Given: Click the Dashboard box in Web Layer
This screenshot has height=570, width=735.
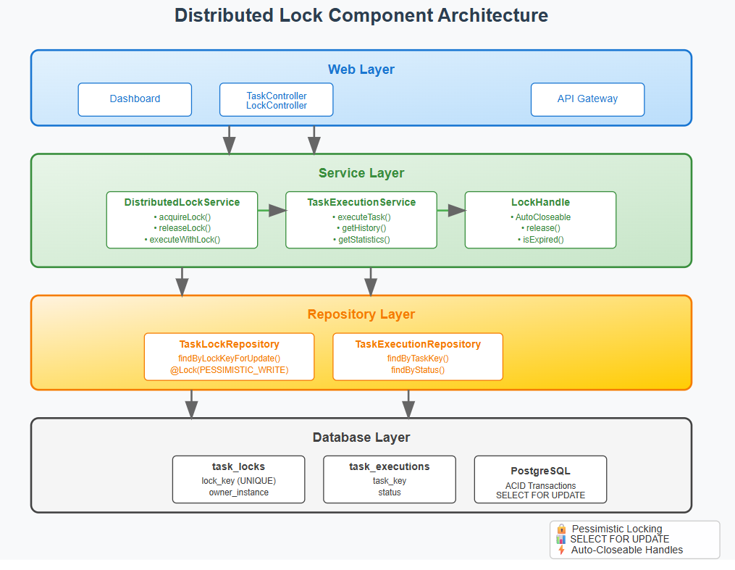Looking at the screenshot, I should tap(135, 99).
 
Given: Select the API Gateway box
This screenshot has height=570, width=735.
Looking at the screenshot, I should tap(587, 99).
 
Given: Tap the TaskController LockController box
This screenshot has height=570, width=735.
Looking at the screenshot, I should tap(276, 100).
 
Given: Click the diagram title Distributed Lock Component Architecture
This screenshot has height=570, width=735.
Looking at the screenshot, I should tap(361, 15).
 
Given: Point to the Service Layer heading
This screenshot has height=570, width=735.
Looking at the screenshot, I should tap(361, 173).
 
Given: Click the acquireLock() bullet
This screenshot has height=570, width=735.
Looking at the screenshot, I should tap(182, 217).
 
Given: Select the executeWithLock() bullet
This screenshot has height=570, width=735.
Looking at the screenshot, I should tap(182, 240).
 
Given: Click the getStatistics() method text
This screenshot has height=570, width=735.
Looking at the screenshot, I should tap(361, 240).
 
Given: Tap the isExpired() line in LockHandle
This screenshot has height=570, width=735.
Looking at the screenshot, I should tap(540, 240).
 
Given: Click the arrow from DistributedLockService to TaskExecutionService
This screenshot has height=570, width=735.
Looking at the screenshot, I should tap(272, 210).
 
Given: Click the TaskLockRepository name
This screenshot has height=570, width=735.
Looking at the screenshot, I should tap(229, 344).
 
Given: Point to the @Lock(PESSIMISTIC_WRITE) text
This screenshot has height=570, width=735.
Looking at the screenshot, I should tap(229, 370).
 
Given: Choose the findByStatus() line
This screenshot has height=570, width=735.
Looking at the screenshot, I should tap(417, 370).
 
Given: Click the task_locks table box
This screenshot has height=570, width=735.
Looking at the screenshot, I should tap(238, 479).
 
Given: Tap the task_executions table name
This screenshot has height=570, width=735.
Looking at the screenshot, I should tap(389, 466).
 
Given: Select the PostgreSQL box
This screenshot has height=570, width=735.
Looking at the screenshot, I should tap(540, 479).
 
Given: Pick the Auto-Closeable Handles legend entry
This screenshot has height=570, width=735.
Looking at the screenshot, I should tap(626, 550).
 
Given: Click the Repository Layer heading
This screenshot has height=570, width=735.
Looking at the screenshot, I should tap(361, 314).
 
